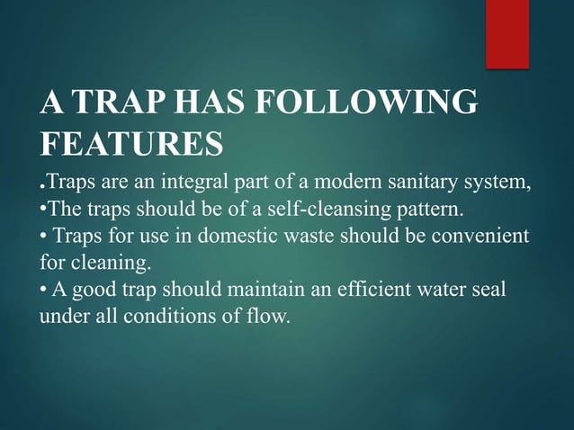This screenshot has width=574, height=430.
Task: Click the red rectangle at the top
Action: [x=507, y=33]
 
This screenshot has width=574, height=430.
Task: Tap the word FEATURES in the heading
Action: [x=131, y=143]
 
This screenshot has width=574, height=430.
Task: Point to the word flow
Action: [x=270, y=318]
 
